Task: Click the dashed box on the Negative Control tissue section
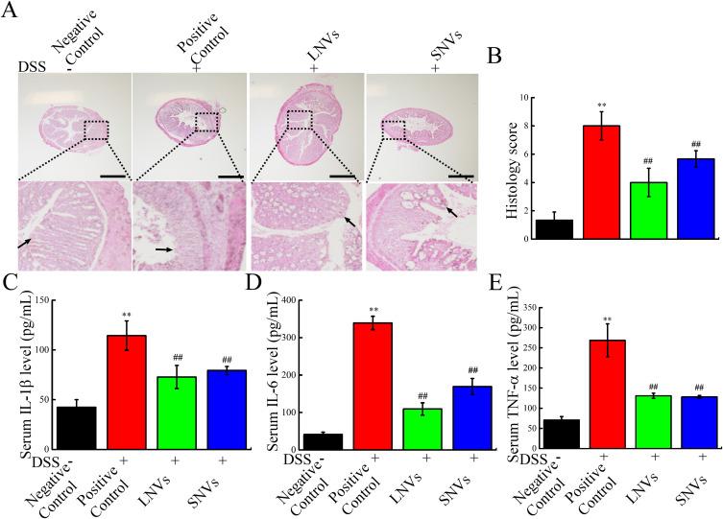[x=97, y=130]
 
